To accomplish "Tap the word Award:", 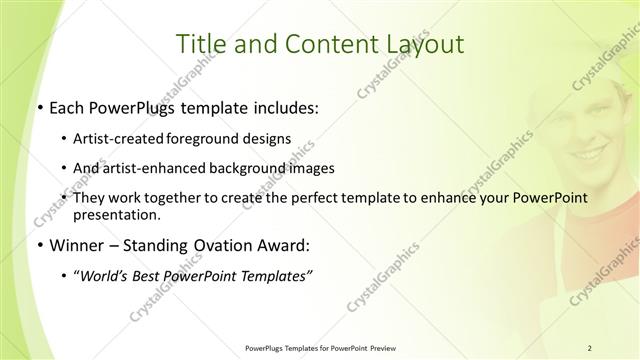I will (287, 245).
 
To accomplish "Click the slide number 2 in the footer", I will (589, 347).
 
